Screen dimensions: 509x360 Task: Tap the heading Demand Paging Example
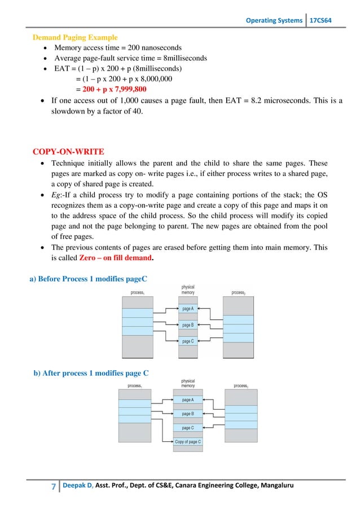pyautogui.click(x=75, y=38)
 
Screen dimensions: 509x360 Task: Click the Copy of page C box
pyautogui.click(x=188, y=442)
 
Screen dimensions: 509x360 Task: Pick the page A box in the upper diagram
pyautogui.click(x=188, y=309)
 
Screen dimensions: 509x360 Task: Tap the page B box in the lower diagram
pyautogui.click(x=188, y=414)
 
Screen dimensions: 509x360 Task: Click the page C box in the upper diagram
pyautogui.click(x=188, y=341)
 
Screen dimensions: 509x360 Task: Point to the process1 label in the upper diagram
pyautogui.click(x=138, y=292)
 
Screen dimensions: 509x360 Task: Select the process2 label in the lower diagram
pyautogui.click(x=241, y=386)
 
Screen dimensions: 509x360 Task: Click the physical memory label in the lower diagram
pyautogui.click(x=188, y=384)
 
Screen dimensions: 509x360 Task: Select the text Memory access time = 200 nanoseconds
pyautogui.click(x=122, y=48)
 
